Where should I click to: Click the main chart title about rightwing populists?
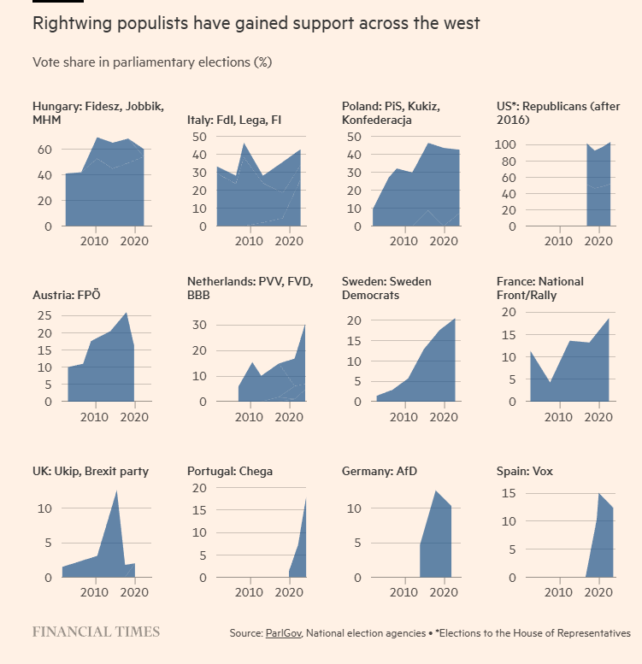tap(256, 23)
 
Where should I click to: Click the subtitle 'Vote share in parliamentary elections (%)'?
tap(151, 62)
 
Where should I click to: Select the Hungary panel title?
tap(98, 113)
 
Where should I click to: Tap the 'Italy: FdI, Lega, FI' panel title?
tap(234, 120)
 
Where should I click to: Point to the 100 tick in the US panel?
tap(508, 145)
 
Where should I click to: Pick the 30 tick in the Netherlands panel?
tap(199, 326)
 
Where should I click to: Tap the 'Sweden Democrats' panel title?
tap(386, 288)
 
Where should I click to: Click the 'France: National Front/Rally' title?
tap(540, 288)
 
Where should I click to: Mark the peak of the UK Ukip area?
tap(116, 491)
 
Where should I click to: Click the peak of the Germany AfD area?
tap(436, 491)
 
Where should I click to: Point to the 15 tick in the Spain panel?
tap(508, 494)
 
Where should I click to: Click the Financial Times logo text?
tap(96, 632)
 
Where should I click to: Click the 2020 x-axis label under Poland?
tap(443, 241)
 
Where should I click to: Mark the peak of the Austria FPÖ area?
tap(127, 313)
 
